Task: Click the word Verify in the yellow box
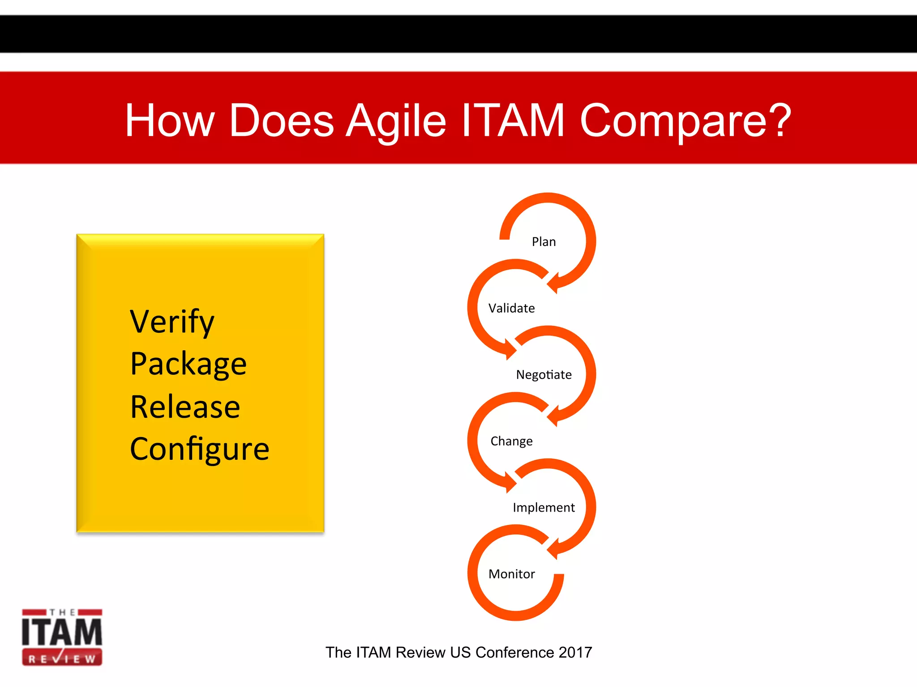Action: click(172, 322)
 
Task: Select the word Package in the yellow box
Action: click(188, 364)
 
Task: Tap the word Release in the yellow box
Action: click(185, 407)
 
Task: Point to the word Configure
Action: click(199, 449)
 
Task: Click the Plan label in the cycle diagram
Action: click(544, 242)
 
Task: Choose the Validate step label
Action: click(511, 308)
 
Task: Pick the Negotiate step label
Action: click(544, 374)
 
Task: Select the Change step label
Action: click(511, 441)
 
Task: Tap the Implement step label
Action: click(544, 507)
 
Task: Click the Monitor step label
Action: click(511, 574)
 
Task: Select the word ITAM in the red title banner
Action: click(513, 120)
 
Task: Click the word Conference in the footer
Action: click(514, 653)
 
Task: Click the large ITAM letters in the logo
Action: click(62, 632)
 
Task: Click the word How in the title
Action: click(170, 120)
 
